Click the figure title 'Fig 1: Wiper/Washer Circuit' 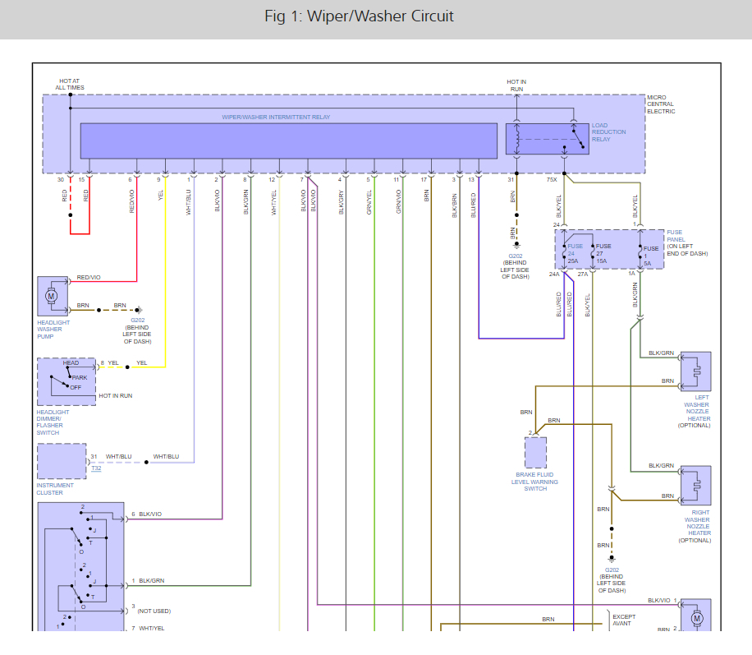pos(359,16)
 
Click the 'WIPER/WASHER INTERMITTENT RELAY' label pos(276,118)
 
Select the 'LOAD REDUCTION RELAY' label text pos(608,132)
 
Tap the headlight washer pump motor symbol pos(50,296)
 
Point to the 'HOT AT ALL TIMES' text pos(69,84)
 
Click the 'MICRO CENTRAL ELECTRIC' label pos(661,104)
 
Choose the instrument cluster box pos(61,461)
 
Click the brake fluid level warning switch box pos(535,453)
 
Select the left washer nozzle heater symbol pos(695,371)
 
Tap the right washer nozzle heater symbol pos(695,486)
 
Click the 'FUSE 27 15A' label pos(603,254)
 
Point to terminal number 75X pos(552,179)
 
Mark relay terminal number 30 pos(60,179)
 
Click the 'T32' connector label pos(96,468)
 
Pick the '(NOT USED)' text pos(154,611)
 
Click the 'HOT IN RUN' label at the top pos(516,84)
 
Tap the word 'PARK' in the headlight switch pos(78,377)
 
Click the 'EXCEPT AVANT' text pos(622,619)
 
